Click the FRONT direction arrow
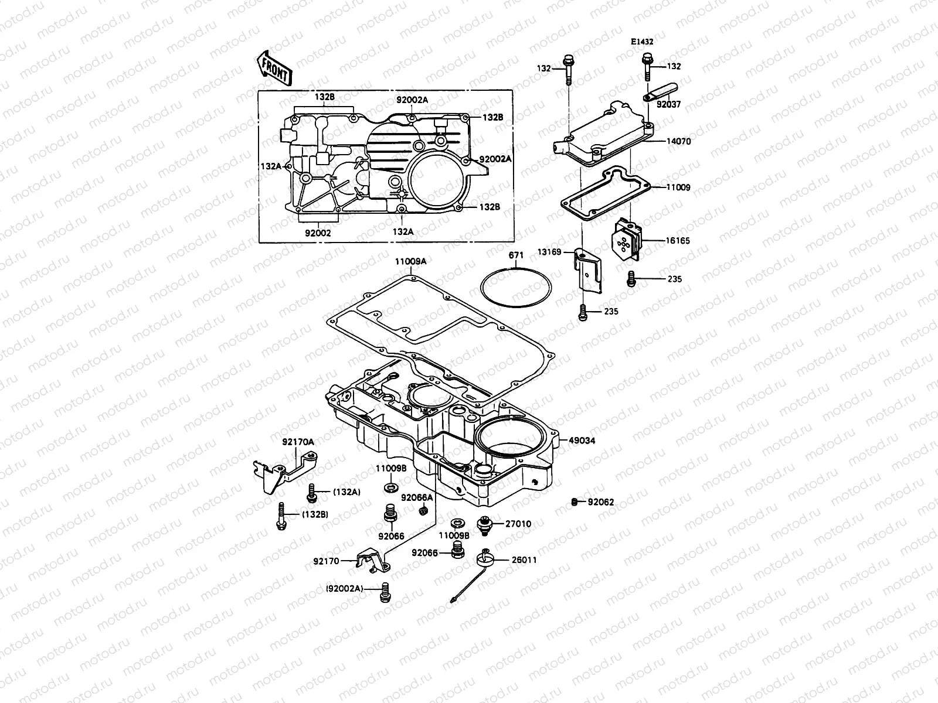[x=274, y=68]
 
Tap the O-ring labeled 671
[x=515, y=288]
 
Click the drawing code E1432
[x=642, y=42]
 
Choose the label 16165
[x=678, y=241]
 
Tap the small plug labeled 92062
[x=575, y=501]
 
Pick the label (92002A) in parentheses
[x=345, y=588]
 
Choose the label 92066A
[x=417, y=498]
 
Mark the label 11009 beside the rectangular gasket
[x=678, y=187]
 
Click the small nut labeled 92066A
[x=423, y=511]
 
